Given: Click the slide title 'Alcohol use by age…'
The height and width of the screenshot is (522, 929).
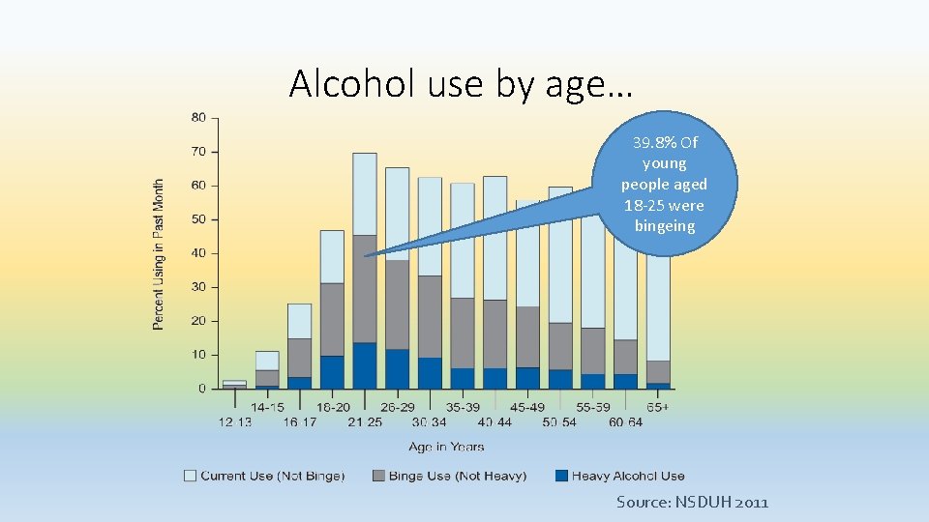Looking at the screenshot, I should click(461, 85).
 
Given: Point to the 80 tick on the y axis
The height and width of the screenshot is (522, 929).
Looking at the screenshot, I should click(198, 118).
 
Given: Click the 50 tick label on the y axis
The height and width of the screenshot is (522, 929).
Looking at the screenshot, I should click(198, 219).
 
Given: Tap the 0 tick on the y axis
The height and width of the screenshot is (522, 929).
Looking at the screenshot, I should click(200, 389).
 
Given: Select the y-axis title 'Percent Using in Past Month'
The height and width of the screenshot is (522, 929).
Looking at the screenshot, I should click(159, 253).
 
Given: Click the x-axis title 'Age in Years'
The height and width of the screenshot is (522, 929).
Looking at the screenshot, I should click(445, 447).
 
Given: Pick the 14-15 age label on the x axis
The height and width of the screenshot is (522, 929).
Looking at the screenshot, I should click(267, 407).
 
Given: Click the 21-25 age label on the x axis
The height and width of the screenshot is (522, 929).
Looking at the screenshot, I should click(365, 422).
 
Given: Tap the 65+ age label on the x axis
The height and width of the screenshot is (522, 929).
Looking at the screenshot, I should click(658, 407).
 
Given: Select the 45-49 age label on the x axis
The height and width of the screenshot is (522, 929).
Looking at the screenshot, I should click(527, 407).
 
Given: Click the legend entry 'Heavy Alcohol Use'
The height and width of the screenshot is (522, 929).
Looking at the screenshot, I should click(627, 476).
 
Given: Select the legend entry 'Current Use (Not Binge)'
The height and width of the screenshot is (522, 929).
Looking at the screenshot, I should click(272, 476).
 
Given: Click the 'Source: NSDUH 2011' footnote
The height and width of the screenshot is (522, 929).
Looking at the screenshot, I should click(692, 503).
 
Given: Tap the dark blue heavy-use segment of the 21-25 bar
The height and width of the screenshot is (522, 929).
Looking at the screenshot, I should click(365, 365).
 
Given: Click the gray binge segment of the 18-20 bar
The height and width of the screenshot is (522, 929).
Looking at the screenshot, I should click(332, 319).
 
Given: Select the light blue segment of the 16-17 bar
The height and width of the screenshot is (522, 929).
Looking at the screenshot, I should click(299, 321).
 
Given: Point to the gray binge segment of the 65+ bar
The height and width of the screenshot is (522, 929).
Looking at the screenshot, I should click(658, 371).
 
